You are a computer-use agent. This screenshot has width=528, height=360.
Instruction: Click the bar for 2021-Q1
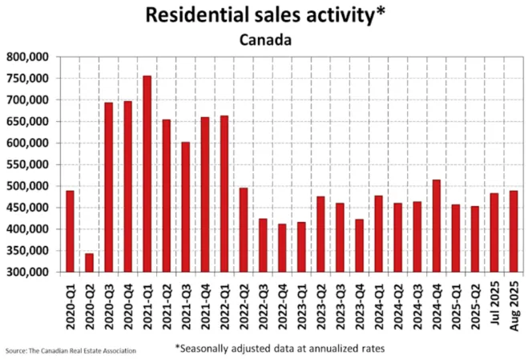click(147, 174)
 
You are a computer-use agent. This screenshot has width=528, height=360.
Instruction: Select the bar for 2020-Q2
click(89, 263)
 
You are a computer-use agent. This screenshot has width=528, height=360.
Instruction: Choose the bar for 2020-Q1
click(70, 232)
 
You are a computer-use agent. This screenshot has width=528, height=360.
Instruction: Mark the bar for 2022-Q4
click(282, 248)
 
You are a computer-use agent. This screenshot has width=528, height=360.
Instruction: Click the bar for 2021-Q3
click(185, 207)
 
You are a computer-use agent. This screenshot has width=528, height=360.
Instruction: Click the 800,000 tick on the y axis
click(27, 57)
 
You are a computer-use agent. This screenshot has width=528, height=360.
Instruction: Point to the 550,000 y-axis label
click(27, 164)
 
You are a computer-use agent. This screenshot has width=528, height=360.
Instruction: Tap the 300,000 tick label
click(27, 272)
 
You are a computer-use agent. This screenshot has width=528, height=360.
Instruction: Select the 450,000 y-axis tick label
click(27, 208)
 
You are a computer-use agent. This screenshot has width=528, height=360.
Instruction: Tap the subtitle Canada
click(264, 38)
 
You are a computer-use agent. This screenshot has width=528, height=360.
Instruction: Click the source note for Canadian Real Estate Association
click(71, 350)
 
